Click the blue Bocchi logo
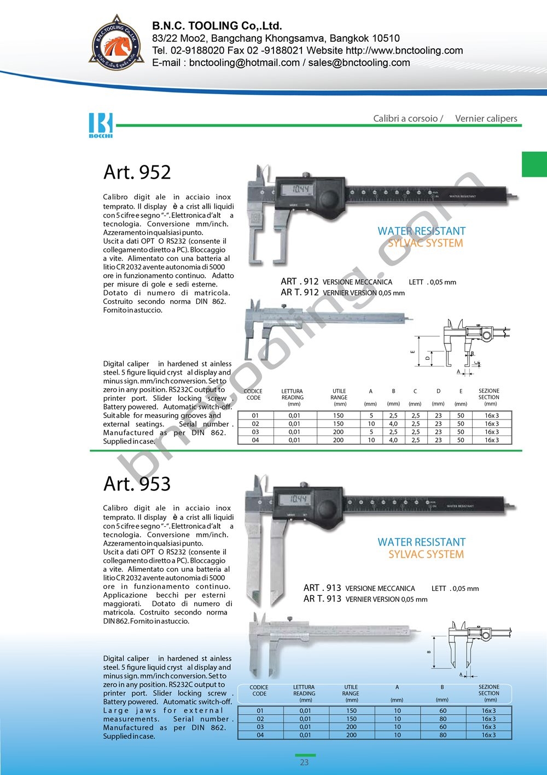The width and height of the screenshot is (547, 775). (101, 125)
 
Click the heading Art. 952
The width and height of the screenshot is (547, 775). (137, 172)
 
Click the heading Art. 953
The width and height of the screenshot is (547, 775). (137, 484)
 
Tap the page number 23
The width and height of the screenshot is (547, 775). (304, 762)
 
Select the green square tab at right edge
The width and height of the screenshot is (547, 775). (534, 164)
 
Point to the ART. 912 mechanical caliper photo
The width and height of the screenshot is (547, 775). (323, 323)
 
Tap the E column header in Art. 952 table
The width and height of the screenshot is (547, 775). (461, 392)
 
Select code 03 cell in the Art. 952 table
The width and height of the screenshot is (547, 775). (255, 432)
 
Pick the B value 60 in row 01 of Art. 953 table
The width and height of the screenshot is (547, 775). (443, 711)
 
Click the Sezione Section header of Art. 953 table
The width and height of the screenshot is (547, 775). (489, 690)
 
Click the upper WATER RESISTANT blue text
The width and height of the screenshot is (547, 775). (421, 231)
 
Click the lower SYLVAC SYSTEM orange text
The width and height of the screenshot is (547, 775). (426, 554)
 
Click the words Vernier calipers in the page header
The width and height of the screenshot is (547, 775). (486, 118)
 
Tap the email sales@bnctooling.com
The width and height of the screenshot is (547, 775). (359, 62)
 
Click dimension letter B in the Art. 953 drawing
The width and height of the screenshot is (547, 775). (429, 652)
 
